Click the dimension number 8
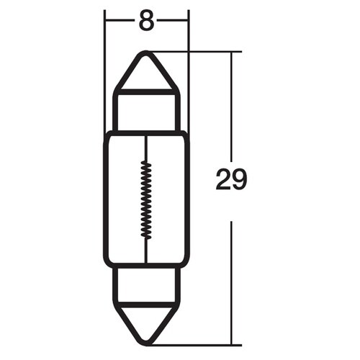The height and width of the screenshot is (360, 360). pyautogui.click(x=146, y=22)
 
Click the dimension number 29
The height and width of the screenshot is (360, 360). pyautogui.click(x=231, y=180)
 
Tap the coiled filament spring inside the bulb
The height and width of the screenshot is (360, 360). pyautogui.click(x=146, y=199)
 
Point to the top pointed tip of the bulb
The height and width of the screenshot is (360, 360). pyautogui.click(x=146, y=53)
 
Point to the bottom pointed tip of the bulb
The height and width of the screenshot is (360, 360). pyautogui.click(x=146, y=343)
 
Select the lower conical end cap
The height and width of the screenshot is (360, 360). pyautogui.click(x=146, y=320)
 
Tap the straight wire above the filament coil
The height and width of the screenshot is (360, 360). pyautogui.click(x=146, y=148)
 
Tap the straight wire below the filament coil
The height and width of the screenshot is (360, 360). pyautogui.click(x=146, y=252)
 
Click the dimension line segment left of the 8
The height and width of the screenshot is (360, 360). pyautogui.click(x=120, y=21)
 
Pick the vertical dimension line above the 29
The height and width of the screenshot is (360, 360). pyautogui.click(x=231, y=108)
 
